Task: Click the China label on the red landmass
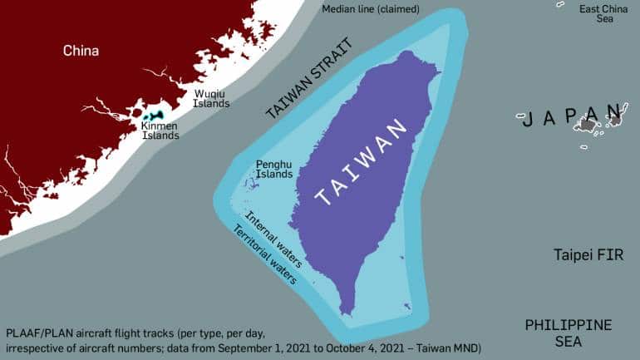coord(81,51)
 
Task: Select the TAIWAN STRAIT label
coord(308,80)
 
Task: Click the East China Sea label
coord(603,13)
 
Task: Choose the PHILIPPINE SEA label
coord(568,333)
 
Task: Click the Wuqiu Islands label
coord(211,99)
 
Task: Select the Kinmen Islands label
coord(160,131)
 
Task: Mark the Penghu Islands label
coord(274,170)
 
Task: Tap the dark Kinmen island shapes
coord(153,118)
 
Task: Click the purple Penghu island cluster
coord(252,182)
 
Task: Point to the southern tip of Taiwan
coord(352,313)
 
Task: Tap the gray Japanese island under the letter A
coord(589,125)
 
